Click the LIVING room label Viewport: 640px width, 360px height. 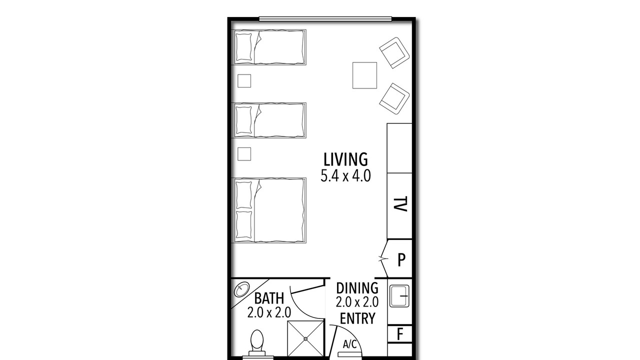pos(345,159)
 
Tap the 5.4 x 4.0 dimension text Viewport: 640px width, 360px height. pos(345,176)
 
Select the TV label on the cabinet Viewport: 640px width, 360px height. pos(400,204)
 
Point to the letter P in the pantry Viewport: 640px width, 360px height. pos(401,260)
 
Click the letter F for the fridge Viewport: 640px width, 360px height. pos(400,333)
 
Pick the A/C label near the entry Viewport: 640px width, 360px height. pos(350,344)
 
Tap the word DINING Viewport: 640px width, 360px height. pos(357,288)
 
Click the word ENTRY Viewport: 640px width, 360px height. pos(357,318)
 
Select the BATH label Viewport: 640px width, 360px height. pos(269,298)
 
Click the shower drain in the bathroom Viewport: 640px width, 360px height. pos(305,339)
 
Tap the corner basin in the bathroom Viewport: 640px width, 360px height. pos(241,289)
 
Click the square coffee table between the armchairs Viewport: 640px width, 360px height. pos(364,75)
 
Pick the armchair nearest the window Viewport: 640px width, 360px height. pos(394,53)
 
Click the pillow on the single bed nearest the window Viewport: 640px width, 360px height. pos(243,47)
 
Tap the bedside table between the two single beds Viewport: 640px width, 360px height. pos(244,81)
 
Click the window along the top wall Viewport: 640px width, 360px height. pos(325,19)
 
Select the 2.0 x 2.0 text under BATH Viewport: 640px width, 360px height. pos(269,312)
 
